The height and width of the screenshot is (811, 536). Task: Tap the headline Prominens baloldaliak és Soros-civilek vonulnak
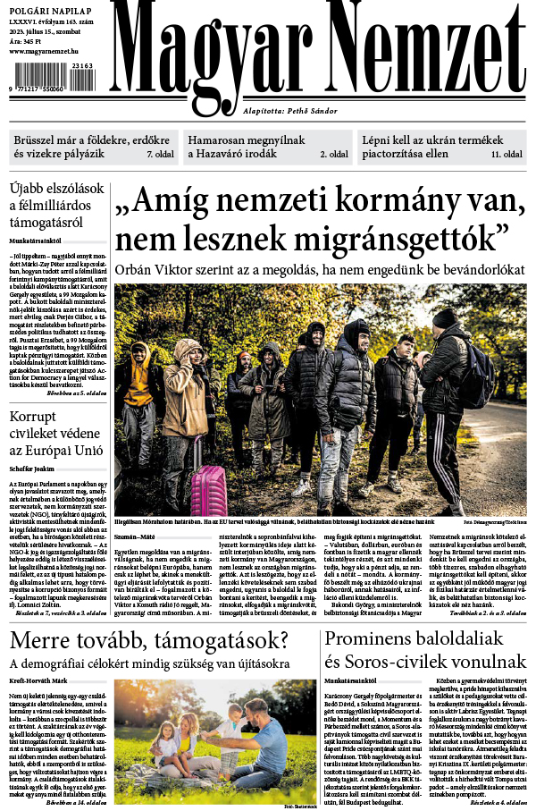[424, 653]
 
